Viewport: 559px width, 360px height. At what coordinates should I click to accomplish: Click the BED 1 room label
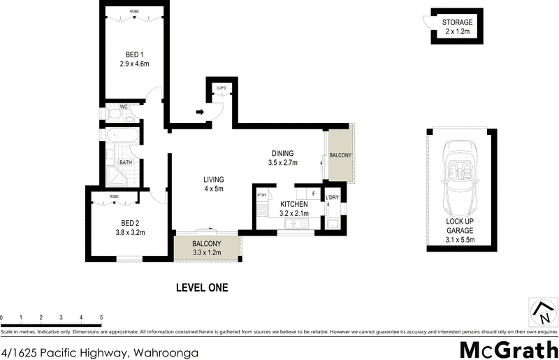135,54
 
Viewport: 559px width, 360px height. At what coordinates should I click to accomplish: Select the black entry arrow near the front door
200,111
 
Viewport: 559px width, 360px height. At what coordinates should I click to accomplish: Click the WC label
124,107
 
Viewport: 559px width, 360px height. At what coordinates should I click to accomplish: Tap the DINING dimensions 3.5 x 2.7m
282,163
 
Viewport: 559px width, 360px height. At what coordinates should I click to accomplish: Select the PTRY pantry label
263,195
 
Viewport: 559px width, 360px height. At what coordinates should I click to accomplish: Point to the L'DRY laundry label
332,198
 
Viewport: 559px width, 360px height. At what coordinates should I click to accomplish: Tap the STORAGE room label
458,23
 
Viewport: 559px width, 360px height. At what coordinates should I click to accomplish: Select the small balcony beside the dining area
340,154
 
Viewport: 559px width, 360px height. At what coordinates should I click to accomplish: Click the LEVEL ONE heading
202,287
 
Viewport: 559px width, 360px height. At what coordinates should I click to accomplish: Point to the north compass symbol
542,312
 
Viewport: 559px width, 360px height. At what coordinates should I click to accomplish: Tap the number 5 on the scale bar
101,317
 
